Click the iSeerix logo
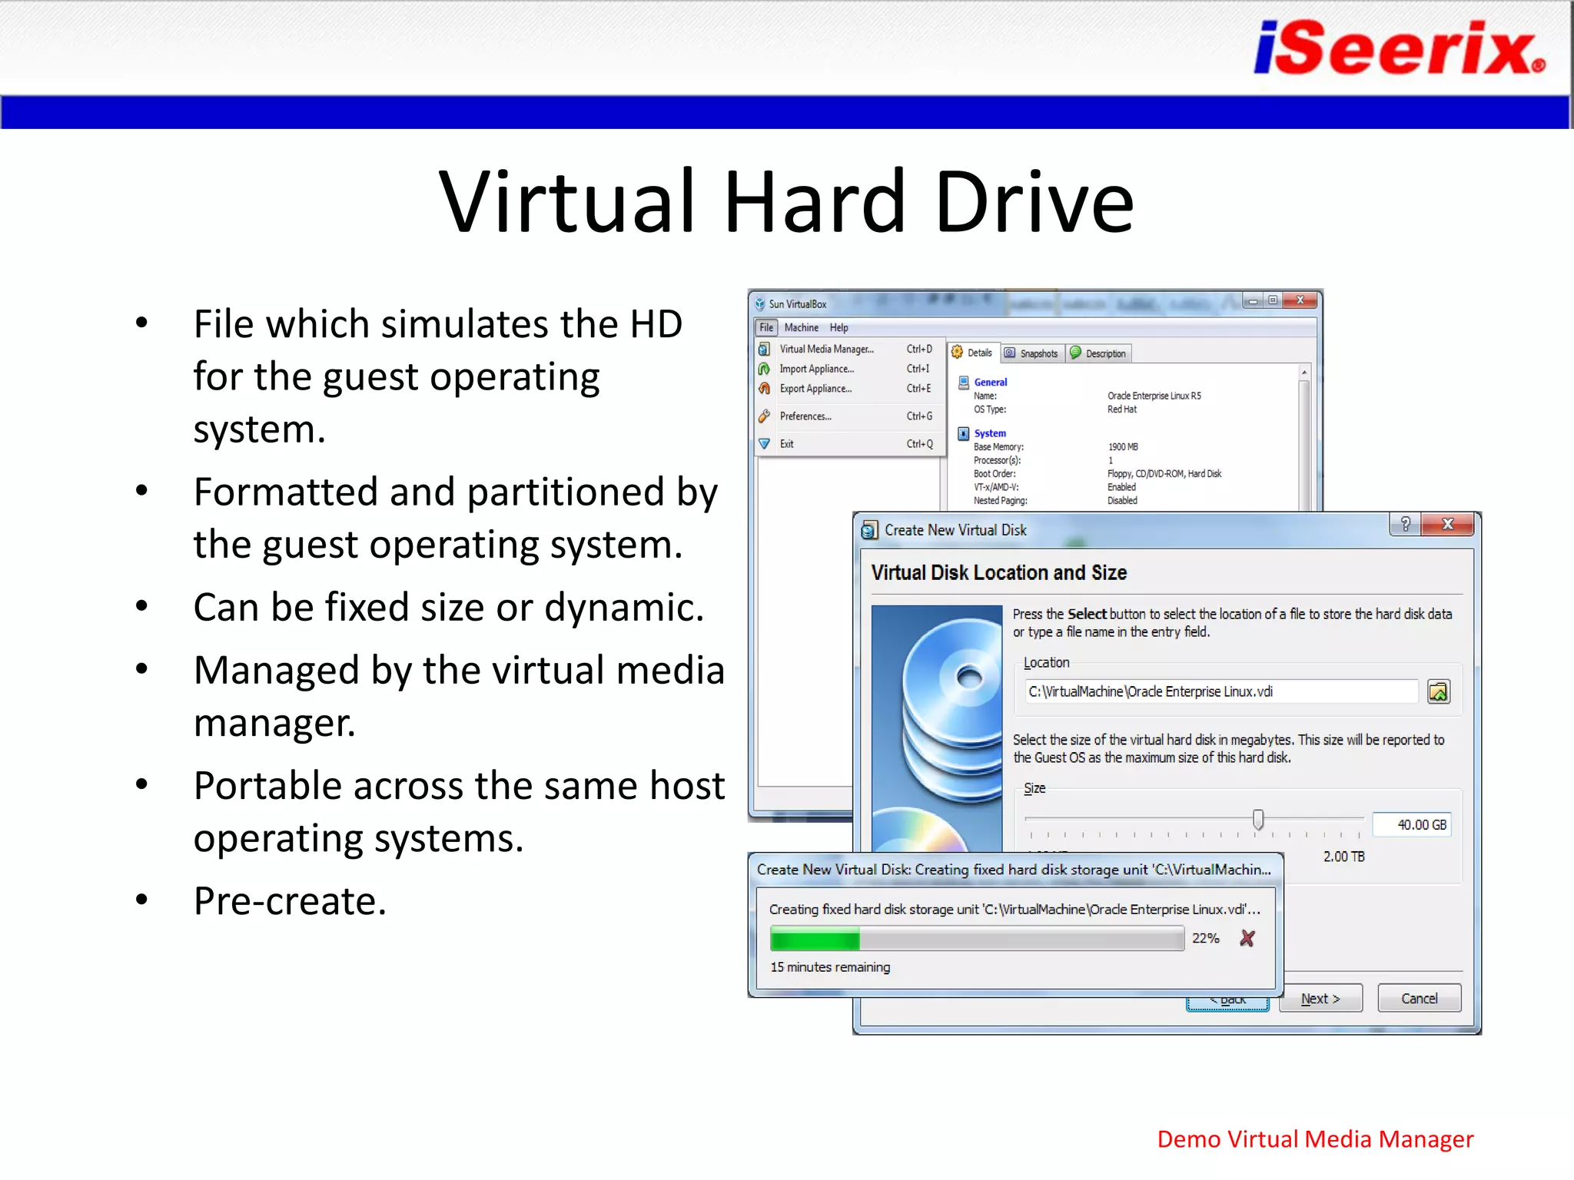[x=1398, y=48]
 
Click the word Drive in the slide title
[x=1034, y=202]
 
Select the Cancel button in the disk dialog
[x=1419, y=998]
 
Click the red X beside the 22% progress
[x=1247, y=938]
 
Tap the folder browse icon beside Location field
[x=1438, y=691]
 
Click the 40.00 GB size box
[x=1413, y=824]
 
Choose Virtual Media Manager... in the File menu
[x=826, y=349]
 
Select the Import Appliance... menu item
[x=816, y=369]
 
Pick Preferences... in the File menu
[x=805, y=416]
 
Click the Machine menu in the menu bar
[x=801, y=327]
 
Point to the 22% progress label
[x=1205, y=938]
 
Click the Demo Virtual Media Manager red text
[x=1315, y=1139]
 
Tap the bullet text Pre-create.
[x=290, y=901]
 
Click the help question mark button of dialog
[x=1405, y=524]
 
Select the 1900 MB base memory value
[x=1123, y=446]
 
